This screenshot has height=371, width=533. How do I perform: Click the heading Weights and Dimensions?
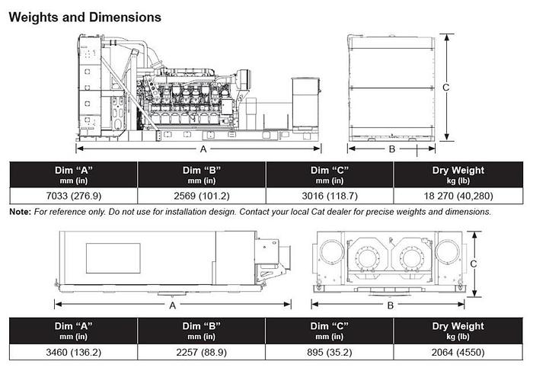point(85,16)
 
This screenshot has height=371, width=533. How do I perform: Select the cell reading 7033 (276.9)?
point(73,196)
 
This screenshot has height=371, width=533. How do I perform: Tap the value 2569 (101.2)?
point(202,196)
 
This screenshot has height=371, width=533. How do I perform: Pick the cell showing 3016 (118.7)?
point(330,196)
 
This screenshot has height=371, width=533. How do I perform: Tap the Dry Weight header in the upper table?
point(458,174)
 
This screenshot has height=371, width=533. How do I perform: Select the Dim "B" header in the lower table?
point(202,330)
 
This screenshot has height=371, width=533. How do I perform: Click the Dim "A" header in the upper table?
point(73,174)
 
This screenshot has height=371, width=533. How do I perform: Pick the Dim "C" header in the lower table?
point(330,330)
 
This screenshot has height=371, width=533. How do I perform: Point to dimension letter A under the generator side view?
point(203,149)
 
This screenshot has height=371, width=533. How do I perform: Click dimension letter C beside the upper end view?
point(446,88)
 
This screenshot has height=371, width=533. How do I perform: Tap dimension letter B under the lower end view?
point(390,305)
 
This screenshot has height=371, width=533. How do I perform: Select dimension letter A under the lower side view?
point(173,305)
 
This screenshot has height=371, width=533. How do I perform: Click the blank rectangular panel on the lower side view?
point(113,259)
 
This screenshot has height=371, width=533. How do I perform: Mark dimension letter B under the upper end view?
point(392,149)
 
